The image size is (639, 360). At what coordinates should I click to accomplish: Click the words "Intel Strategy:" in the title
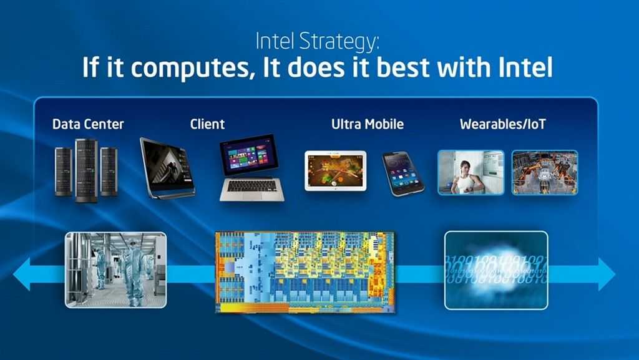coord(317,42)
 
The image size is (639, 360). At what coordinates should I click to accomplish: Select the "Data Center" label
coord(88,124)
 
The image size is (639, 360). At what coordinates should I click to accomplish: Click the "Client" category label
coord(207,124)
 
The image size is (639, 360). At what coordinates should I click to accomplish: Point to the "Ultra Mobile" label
coord(367,124)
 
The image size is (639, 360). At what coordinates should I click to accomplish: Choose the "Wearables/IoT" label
coord(502,124)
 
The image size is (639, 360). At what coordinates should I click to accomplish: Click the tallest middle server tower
coord(86,170)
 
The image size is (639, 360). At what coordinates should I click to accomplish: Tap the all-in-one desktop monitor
coord(167,168)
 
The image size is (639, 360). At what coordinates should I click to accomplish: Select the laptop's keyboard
coord(252,186)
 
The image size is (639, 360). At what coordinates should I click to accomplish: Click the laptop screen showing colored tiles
coord(249,155)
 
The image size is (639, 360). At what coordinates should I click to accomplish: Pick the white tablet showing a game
coord(335,170)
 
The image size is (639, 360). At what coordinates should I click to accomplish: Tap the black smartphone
coord(403,174)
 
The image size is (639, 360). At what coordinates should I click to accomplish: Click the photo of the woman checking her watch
coord(471,172)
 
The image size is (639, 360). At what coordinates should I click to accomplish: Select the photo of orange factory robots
coord(545,172)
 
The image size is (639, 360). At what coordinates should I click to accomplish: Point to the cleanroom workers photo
coord(115,270)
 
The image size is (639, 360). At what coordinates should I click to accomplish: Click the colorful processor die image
coord(305,272)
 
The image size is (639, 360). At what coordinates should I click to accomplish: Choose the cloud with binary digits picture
coord(496,270)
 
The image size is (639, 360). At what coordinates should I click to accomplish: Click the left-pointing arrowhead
coord(22,274)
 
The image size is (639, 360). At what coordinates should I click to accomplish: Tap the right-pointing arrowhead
coord(607,274)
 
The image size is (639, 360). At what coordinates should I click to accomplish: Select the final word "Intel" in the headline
coord(525,67)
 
